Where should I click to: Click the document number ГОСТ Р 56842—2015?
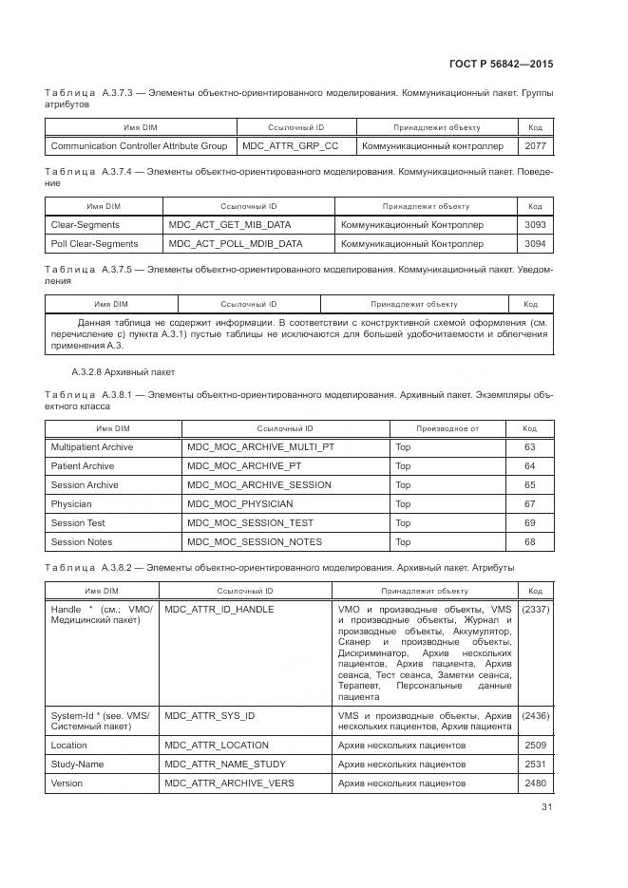click(501, 64)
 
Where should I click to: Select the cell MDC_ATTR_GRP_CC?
click(290, 146)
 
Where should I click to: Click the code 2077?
click(535, 146)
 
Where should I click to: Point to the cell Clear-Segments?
click(86, 225)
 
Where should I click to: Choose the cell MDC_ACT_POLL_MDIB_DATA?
click(236, 244)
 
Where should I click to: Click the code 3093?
click(535, 225)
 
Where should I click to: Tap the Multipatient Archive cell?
click(92, 447)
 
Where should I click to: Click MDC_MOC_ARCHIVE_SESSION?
click(259, 485)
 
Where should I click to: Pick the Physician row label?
click(71, 504)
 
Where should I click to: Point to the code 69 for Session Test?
click(530, 523)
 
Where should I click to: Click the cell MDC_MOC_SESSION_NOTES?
click(255, 542)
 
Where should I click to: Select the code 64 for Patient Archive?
click(530, 466)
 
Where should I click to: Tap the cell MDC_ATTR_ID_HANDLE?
click(219, 610)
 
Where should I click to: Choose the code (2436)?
click(535, 715)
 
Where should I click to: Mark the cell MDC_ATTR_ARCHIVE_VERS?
click(229, 784)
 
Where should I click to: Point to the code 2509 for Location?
click(535, 746)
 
